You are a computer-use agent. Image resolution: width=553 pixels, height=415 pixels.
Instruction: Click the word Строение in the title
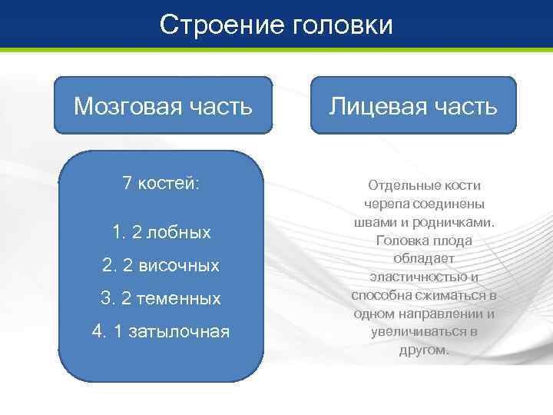pyautogui.click(x=224, y=25)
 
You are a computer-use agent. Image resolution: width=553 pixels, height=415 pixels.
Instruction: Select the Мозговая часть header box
pyautogui.click(x=163, y=105)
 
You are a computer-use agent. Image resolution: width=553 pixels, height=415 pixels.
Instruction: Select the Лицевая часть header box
pyautogui.click(x=412, y=105)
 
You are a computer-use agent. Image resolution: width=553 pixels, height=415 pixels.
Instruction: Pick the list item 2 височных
pyautogui.click(x=161, y=265)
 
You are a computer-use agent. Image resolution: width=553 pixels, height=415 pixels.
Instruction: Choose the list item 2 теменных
pyautogui.click(x=161, y=298)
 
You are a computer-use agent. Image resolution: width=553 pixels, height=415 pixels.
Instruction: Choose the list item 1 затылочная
pyautogui.click(x=161, y=331)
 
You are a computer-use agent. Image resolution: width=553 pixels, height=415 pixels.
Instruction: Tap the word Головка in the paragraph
pyautogui.click(x=402, y=241)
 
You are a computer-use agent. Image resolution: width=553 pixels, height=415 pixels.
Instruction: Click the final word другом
pyautogui.click(x=424, y=350)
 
